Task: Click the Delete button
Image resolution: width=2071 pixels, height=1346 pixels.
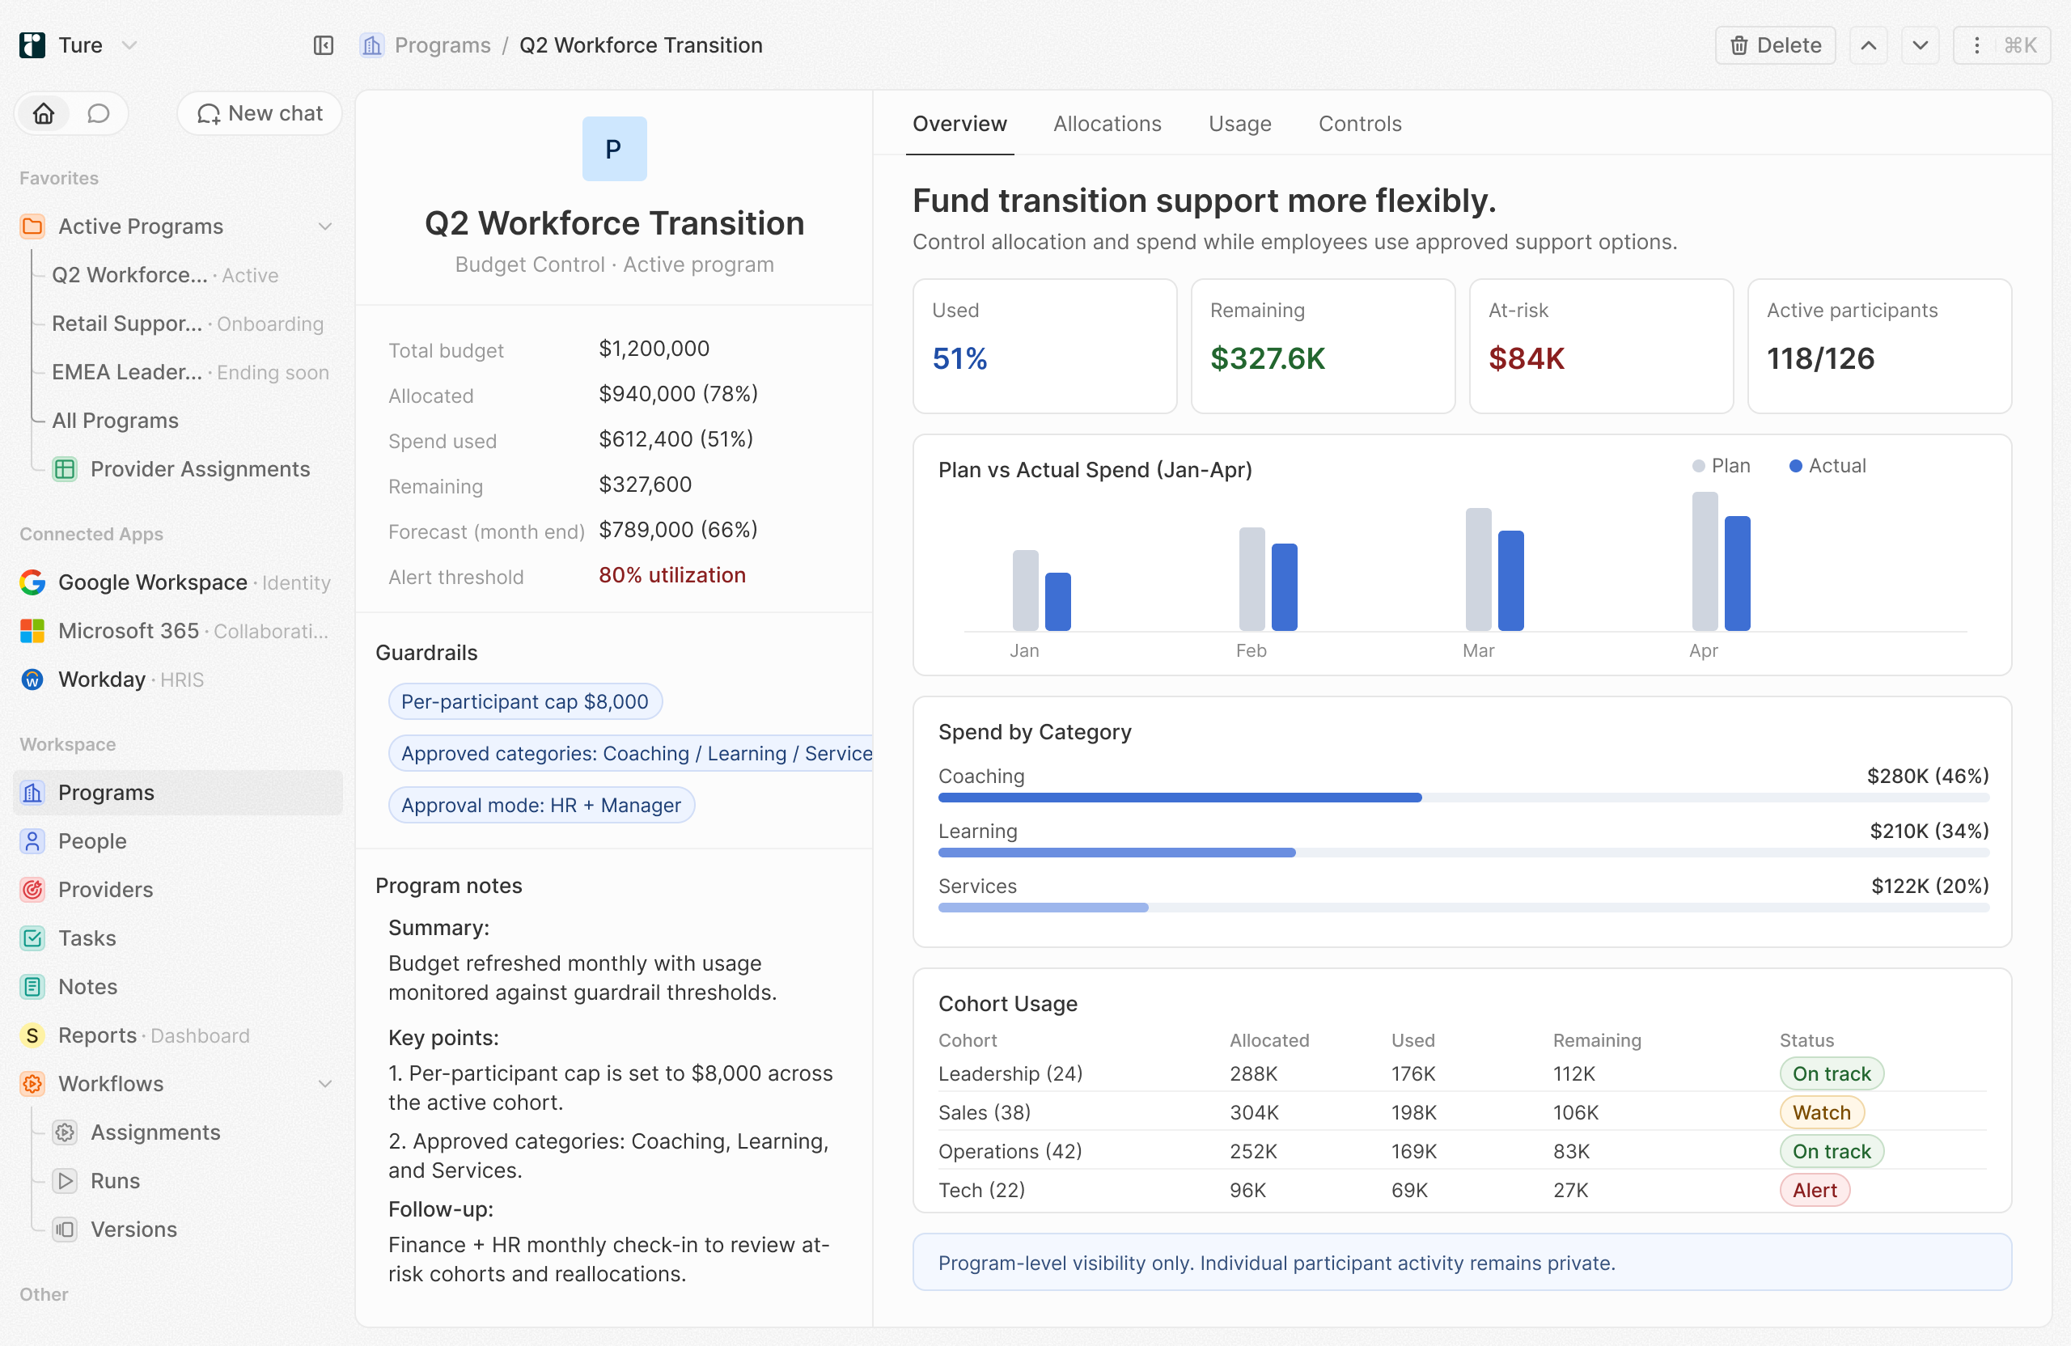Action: [x=1774, y=45]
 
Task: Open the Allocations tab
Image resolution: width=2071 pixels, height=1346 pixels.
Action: [x=1107, y=124]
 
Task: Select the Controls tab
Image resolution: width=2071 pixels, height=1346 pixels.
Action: [x=1359, y=124]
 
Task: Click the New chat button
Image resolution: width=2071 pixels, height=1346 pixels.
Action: [x=260, y=113]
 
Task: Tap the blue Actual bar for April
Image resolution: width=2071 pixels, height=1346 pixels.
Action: [x=1737, y=574]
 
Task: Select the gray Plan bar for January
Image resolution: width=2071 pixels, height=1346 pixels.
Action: [x=1025, y=590]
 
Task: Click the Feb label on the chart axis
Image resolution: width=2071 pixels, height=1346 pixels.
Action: [x=1251, y=651]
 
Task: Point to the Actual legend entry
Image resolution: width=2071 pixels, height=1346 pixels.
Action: [x=1827, y=465]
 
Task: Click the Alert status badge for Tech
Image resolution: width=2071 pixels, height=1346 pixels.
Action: [x=1815, y=1190]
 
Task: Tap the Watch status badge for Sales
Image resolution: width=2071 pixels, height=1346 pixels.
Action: [x=1821, y=1113]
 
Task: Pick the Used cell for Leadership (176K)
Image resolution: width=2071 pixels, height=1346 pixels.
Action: [x=1413, y=1073]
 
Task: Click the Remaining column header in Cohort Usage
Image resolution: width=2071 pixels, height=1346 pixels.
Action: [x=1597, y=1040]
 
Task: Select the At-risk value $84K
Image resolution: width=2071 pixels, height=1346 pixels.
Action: [x=1527, y=358]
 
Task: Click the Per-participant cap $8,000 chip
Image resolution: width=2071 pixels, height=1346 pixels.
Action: [x=525, y=702]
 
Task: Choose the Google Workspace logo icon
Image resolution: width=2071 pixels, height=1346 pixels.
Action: [x=32, y=582]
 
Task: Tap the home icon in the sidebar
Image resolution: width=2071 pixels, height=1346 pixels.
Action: [x=44, y=113]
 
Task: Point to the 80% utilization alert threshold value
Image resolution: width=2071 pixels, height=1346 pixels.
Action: [x=671, y=575]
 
